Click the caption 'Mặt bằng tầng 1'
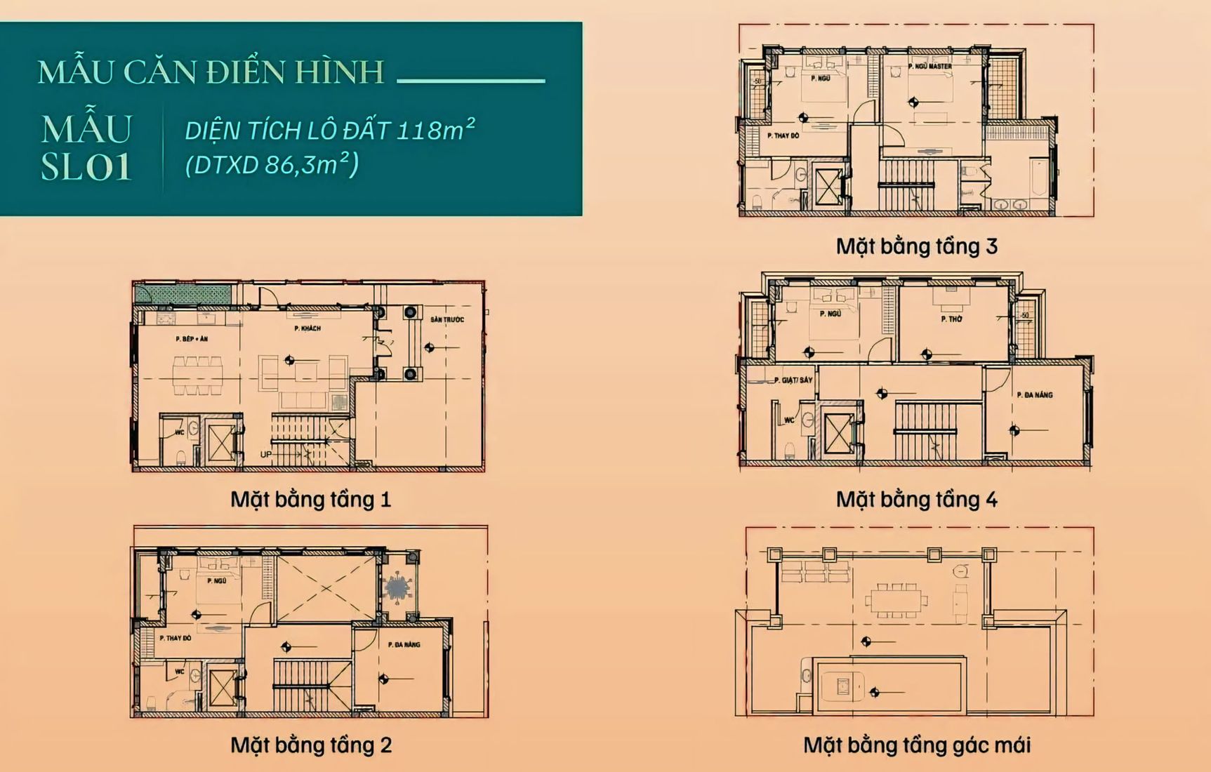click(310, 500)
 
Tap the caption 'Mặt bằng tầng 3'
click(916, 246)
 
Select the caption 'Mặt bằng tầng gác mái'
click(916, 745)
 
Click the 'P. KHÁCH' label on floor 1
click(307, 328)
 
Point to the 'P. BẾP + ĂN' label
click(192, 339)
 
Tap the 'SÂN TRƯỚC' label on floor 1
click(447, 320)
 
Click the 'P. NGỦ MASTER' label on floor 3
click(930, 67)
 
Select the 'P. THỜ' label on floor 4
click(951, 319)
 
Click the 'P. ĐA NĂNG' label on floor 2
click(404, 644)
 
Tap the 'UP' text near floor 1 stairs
click(266, 455)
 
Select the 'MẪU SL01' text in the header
click(86, 148)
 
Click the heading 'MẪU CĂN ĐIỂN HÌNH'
click(211, 72)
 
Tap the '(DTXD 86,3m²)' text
click(272, 165)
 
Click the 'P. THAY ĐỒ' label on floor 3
click(783, 135)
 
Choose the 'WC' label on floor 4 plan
click(789, 420)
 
